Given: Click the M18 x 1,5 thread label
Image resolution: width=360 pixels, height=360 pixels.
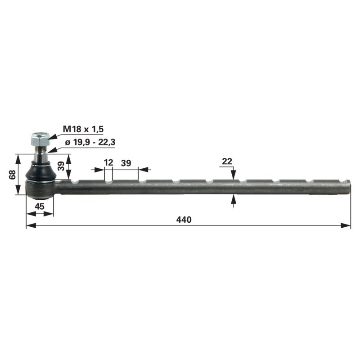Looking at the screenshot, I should (x=83, y=129).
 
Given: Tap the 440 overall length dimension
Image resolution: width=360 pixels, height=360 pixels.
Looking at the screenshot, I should (x=184, y=220).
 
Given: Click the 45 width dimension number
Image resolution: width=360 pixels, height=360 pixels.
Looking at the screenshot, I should (x=40, y=207).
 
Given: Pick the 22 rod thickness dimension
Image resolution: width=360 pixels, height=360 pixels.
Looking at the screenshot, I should (x=227, y=161).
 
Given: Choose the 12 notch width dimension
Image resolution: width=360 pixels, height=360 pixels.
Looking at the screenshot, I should (x=108, y=163).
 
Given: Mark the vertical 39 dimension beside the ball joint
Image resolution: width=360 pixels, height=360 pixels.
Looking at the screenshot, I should (x=62, y=166).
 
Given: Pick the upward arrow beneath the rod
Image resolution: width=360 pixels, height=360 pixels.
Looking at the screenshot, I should (x=233, y=199).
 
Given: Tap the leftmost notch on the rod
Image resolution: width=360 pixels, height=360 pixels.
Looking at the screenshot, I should (x=75, y=181).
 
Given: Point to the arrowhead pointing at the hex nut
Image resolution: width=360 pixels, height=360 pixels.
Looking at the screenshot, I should (x=51, y=135).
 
